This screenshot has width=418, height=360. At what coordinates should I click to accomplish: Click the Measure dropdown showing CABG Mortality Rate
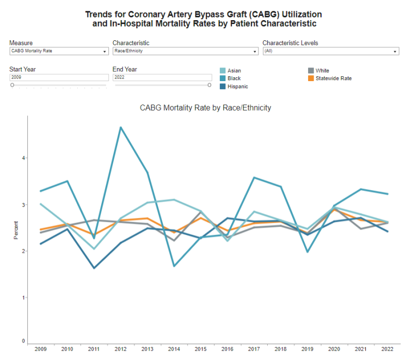coord(59,51)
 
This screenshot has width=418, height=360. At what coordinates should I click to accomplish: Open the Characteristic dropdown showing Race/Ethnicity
coord(185,51)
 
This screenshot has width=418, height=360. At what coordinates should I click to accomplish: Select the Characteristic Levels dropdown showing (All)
coord(330,51)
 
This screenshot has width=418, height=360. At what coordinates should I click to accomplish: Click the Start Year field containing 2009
coord(59,78)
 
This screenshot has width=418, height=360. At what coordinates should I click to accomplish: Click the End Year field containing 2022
coord(162,78)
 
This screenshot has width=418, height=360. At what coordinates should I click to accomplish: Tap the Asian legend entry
coord(234,71)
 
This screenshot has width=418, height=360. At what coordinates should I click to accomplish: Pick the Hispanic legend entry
coord(237,87)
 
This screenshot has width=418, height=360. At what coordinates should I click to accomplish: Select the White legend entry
coord(322,71)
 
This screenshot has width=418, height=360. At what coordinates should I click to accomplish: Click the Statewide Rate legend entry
coord(333,78)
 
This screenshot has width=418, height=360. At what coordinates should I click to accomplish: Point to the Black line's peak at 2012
coord(120,127)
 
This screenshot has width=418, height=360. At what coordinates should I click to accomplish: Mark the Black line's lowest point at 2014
coord(174,266)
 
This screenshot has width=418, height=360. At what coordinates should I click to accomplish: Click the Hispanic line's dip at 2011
coord(94,268)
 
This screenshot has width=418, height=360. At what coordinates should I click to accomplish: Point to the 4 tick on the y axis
coord(23,158)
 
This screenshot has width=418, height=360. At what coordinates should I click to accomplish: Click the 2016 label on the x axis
coord(227,349)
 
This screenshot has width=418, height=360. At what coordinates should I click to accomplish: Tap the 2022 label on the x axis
coord(387,349)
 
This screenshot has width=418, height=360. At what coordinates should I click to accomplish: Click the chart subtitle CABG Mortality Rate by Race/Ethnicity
coord(205,108)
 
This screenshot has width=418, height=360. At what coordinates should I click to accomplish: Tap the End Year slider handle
coord(210,85)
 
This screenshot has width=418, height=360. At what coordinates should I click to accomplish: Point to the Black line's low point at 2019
coord(307,252)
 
